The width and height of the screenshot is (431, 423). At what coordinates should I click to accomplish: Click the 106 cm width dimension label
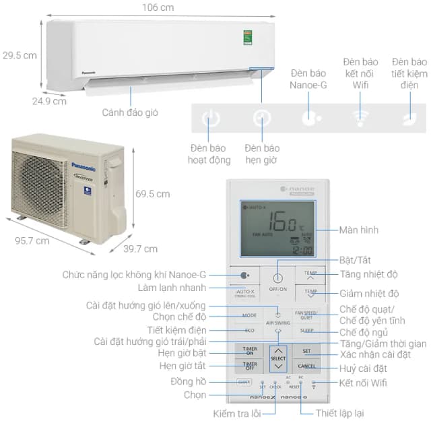tap(158, 7)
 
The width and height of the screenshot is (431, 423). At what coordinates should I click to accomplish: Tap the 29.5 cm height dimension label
tap(20, 55)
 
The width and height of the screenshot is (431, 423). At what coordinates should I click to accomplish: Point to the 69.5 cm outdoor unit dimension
tap(152, 194)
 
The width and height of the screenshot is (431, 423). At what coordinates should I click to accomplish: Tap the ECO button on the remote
tap(249, 331)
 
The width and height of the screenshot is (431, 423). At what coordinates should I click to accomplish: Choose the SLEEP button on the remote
tap(306, 331)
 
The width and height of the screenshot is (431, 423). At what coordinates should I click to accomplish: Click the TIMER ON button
tap(249, 351)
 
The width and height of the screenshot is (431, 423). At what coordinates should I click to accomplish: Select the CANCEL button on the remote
tap(306, 366)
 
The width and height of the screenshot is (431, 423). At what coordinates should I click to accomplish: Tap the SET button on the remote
tap(306, 351)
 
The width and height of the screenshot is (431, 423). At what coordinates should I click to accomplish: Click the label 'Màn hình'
tap(359, 230)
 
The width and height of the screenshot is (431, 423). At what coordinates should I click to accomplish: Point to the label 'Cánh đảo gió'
tap(130, 112)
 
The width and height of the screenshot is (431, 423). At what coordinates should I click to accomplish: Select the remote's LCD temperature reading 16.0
tap(283, 221)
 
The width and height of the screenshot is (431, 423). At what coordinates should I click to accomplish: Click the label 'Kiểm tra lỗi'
tap(238, 412)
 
